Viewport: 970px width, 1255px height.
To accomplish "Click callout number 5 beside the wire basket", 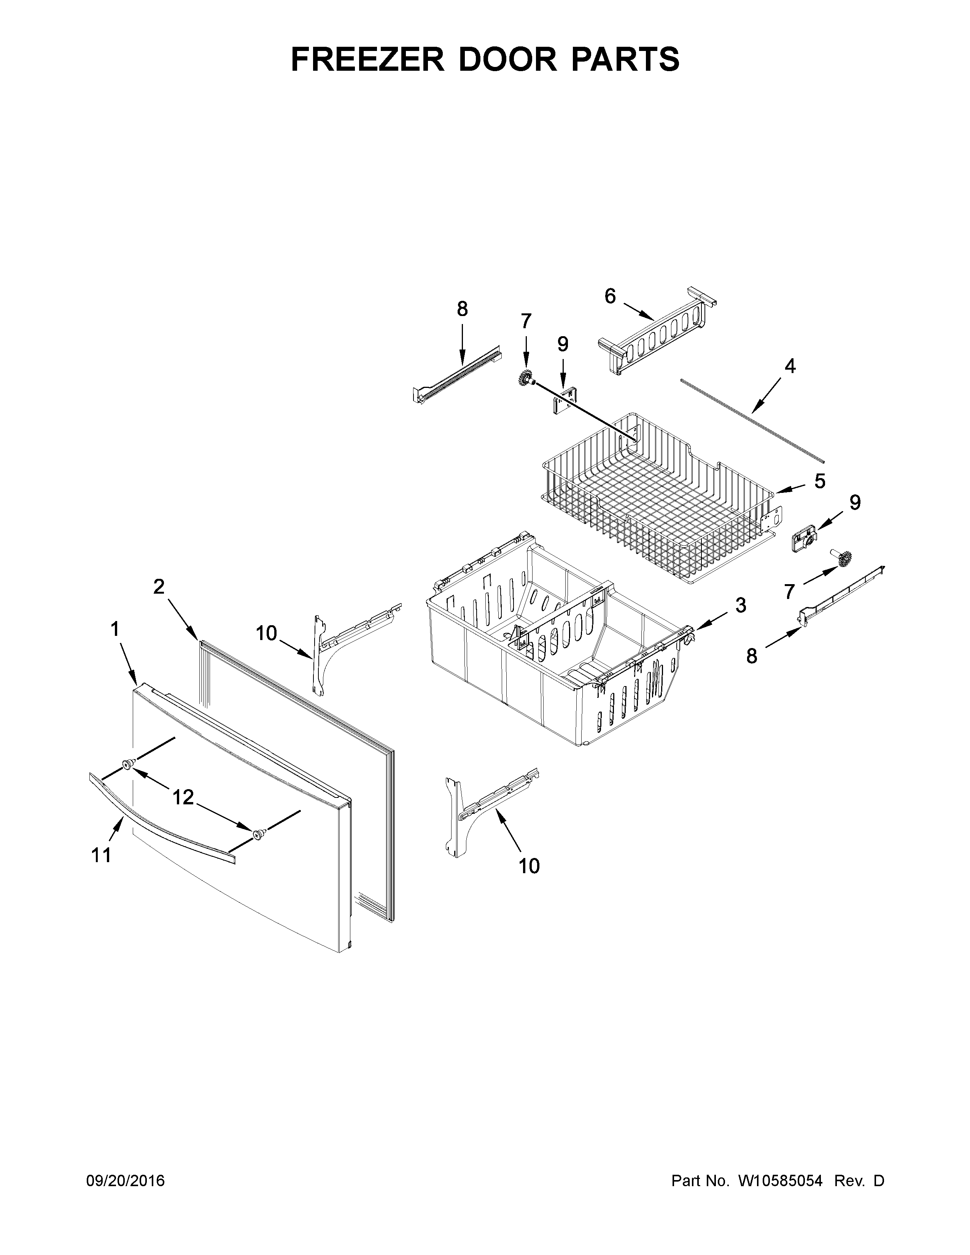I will pos(819,480).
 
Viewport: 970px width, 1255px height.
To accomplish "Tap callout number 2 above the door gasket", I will pos(159,586).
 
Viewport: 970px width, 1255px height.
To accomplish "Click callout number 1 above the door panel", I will pos(115,629).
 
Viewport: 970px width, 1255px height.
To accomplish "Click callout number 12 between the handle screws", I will pos(183,797).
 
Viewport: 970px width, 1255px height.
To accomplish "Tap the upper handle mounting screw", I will pos(127,764).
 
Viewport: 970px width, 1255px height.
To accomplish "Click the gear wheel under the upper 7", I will pos(524,379).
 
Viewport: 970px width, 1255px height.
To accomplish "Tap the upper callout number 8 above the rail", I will pos(462,309).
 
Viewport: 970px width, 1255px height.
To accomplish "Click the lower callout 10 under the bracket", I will pos(529,866).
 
